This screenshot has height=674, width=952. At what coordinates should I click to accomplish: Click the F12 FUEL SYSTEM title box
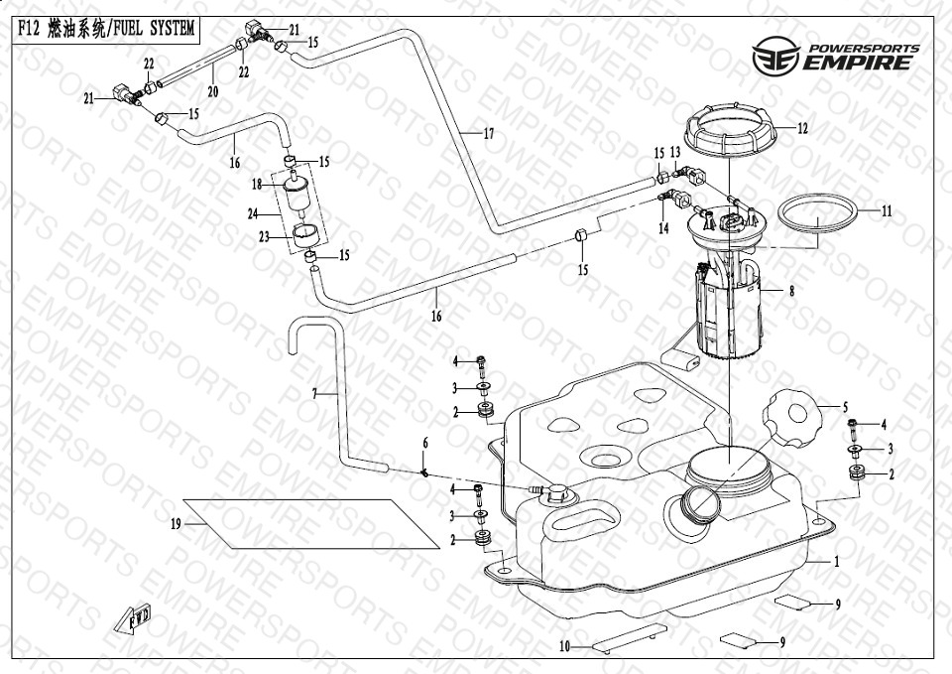pos(104,29)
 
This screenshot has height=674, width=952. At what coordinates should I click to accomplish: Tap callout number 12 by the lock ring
pos(802,128)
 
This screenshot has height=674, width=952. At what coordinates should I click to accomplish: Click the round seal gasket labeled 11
pos(817,215)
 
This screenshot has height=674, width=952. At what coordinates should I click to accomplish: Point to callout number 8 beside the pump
pos(791,292)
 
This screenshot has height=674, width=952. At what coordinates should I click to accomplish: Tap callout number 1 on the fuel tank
pos(837,561)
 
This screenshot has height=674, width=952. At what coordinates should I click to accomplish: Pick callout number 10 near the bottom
pos(563,646)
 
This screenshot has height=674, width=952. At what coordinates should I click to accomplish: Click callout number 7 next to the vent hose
pos(314,394)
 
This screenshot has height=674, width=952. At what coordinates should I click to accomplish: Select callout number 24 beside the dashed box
pos(253,213)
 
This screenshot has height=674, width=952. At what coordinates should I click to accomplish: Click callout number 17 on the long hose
pos(488,133)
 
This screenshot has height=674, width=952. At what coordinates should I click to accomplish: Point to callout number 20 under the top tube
pos(212,91)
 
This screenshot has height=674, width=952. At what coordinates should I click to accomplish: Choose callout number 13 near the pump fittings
pos(675,152)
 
